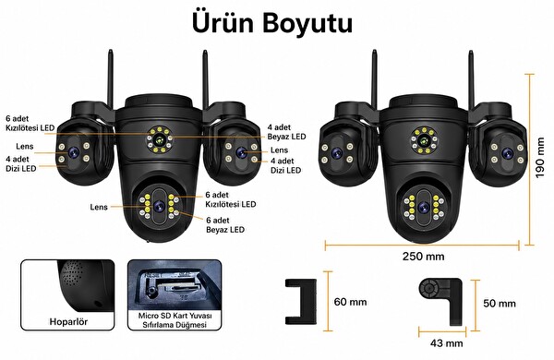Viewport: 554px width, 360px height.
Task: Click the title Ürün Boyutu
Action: coord(272,23)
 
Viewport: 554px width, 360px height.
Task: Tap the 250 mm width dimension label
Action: coord(423,256)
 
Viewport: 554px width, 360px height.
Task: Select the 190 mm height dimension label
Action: coord(540,158)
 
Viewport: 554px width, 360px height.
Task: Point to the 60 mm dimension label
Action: coord(350,302)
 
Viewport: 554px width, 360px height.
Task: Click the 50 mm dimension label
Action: coord(500,304)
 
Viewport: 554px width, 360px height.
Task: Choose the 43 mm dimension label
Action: coord(446,342)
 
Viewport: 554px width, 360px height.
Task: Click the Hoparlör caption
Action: coord(68,322)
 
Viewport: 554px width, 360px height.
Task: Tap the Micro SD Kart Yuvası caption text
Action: coord(175,316)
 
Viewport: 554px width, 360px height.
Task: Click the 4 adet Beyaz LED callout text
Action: coord(286,132)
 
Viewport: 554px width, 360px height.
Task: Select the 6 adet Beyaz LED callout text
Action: coord(225,225)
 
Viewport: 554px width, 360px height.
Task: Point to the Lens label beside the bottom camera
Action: coord(99,207)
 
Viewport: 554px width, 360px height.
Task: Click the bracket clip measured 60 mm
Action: coord(301,302)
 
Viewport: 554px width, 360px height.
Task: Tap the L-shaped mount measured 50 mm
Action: coord(441,301)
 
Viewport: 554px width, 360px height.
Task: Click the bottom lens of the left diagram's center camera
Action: coord(159,206)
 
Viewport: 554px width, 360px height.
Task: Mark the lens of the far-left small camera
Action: coord(74,152)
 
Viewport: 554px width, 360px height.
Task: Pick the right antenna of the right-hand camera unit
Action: coord(471,79)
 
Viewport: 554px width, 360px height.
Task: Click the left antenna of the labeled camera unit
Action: coord(110,79)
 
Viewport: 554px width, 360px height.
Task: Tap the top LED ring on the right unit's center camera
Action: coord(424,140)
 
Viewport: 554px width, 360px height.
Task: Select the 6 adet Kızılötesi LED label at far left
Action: coord(30,124)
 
